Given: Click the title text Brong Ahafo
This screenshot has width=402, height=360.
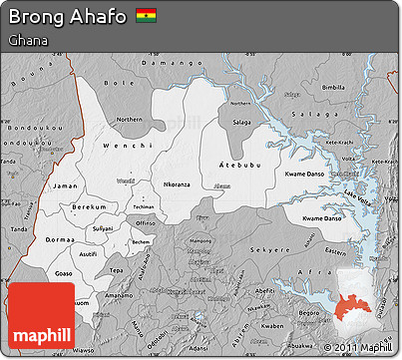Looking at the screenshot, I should [x=67, y=16].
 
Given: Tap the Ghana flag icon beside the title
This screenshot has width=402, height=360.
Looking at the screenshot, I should [x=147, y=16].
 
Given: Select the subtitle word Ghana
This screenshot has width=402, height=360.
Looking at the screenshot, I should [x=24, y=41].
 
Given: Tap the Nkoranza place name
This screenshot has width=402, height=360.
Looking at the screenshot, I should [x=177, y=184].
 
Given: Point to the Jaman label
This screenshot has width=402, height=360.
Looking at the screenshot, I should [x=65, y=185].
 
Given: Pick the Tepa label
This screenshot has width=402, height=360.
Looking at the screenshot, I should [x=117, y=270].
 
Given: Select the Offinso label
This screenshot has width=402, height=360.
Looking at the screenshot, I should [x=146, y=223].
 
